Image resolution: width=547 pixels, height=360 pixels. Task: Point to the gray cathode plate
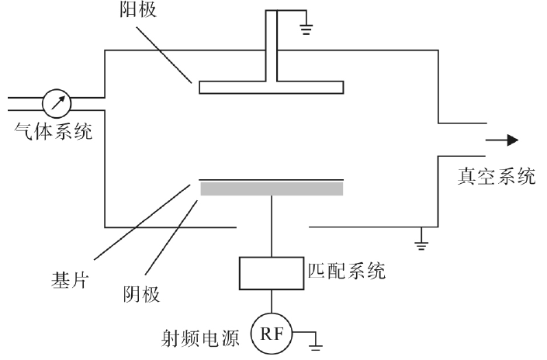272,189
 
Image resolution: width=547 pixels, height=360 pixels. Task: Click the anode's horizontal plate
272,87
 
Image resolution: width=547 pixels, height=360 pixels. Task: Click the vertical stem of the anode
272,47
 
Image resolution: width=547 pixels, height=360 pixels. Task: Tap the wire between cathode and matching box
272,225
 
